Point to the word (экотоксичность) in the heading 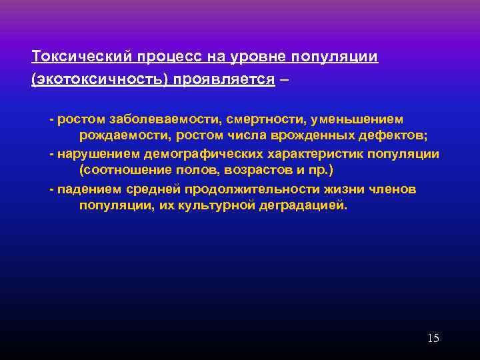tap(99, 79)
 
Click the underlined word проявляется tap(224, 79)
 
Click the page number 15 tap(433, 338)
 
